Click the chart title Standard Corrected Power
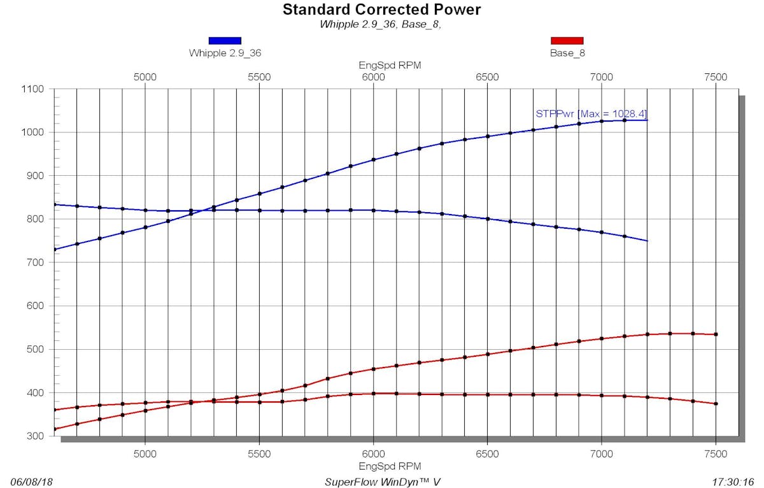pos(381,10)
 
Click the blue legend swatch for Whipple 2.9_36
pos(225,41)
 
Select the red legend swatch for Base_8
pos(567,41)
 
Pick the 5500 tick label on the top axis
pos(259,77)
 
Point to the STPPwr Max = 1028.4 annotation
pos(591,114)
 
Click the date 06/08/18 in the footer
pos(32,482)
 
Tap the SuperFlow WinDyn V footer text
pos(383,482)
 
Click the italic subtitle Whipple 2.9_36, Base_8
pos(380,25)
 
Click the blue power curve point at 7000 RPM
pos(602,121)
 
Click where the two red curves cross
pos(198,401)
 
